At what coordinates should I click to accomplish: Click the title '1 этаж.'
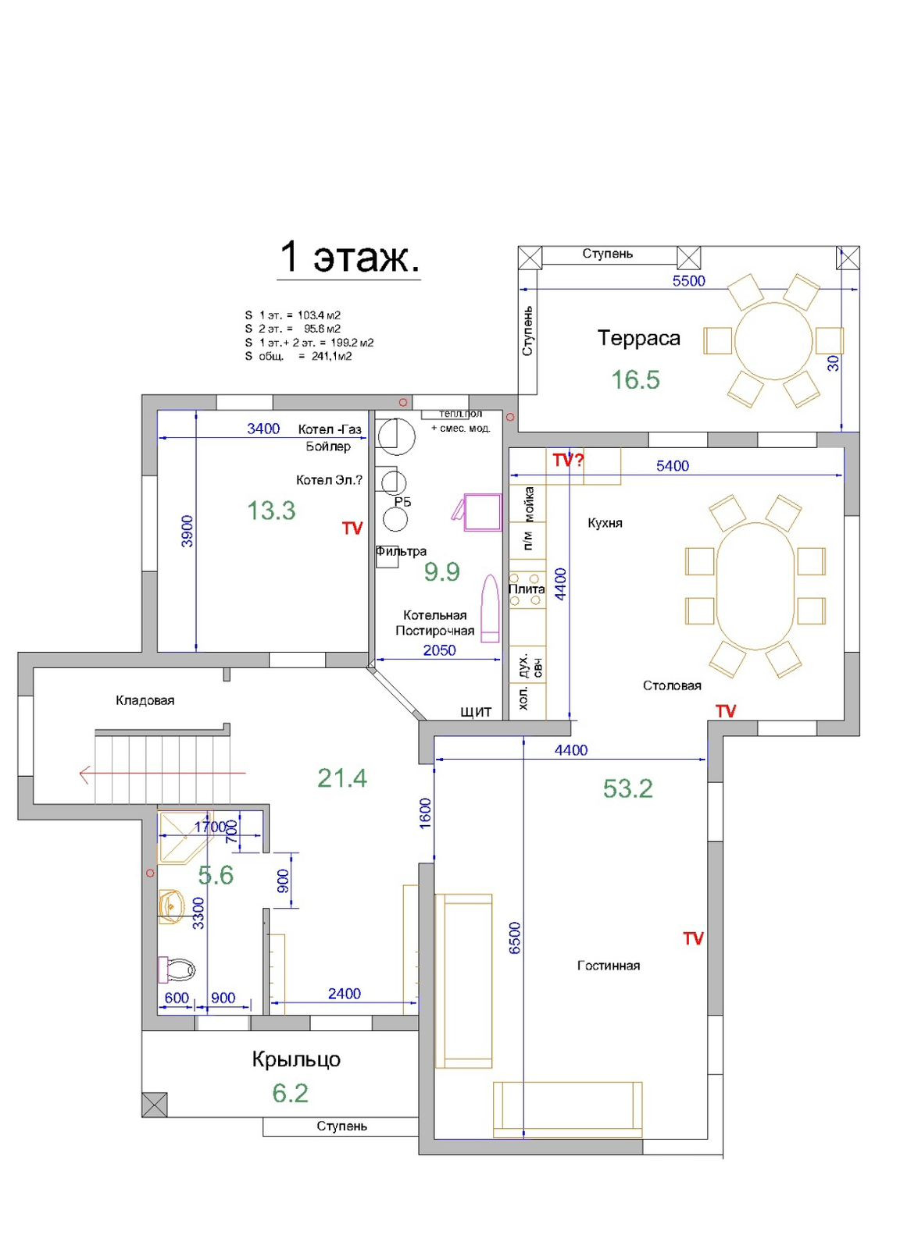348,258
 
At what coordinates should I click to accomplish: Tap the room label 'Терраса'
639,339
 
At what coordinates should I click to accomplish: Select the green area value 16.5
635,379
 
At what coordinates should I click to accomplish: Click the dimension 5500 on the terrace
688,280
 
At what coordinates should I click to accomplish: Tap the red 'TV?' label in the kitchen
568,460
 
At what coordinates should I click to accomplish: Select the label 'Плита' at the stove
527,589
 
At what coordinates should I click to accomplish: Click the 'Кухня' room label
605,523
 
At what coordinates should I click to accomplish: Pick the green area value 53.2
627,788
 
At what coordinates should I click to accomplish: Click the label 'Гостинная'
608,966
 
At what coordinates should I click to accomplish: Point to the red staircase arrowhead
84,774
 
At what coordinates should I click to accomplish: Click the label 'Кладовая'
145,700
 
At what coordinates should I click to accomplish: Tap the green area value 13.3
271,511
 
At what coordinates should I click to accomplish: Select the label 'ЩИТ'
475,712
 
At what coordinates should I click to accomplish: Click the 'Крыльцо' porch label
296,1059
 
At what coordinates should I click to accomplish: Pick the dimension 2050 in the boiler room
439,650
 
